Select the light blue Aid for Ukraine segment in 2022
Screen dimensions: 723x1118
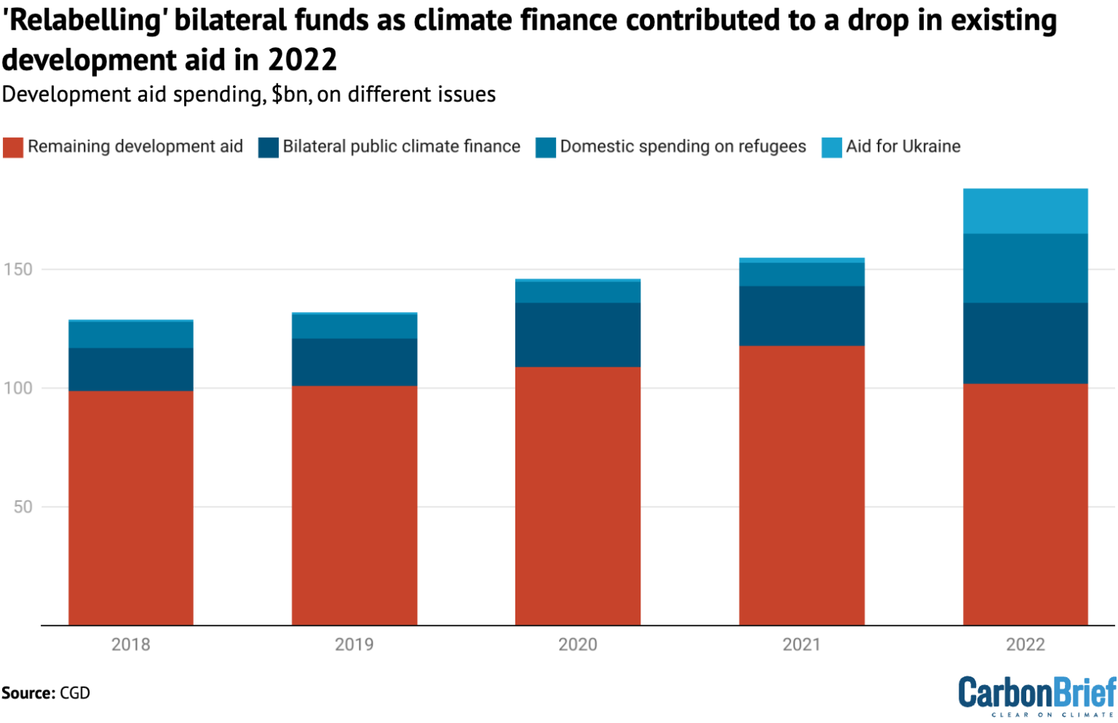[x=1025, y=211]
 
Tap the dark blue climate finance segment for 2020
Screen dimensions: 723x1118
[x=578, y=335]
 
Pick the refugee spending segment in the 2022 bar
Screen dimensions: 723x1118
[x=1025, y=268]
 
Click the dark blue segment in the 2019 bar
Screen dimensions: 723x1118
[x=354, y=361]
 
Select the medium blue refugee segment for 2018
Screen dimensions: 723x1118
[x=131, y=335]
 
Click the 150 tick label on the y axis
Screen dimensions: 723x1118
[x=18, y=269]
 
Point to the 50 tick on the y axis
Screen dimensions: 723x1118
[x=23, y=506]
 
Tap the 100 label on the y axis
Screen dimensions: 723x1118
[x=18, y=388]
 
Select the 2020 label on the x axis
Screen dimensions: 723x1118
[x=578, y=644]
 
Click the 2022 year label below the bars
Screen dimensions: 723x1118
[x=1025, y=644]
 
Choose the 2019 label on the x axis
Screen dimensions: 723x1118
[x=354, y=644]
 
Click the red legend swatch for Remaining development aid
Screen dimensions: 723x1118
[x=13, y=147]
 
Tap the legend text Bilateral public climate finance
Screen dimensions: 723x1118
[x=401, y=146]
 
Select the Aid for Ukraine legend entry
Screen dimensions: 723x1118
[x=903, y=146]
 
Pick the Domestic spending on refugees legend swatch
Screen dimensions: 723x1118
[x=546, y=147]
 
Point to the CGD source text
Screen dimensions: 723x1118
[x=75, y=692]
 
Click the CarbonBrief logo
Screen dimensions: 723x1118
[x=1036, y=695]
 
